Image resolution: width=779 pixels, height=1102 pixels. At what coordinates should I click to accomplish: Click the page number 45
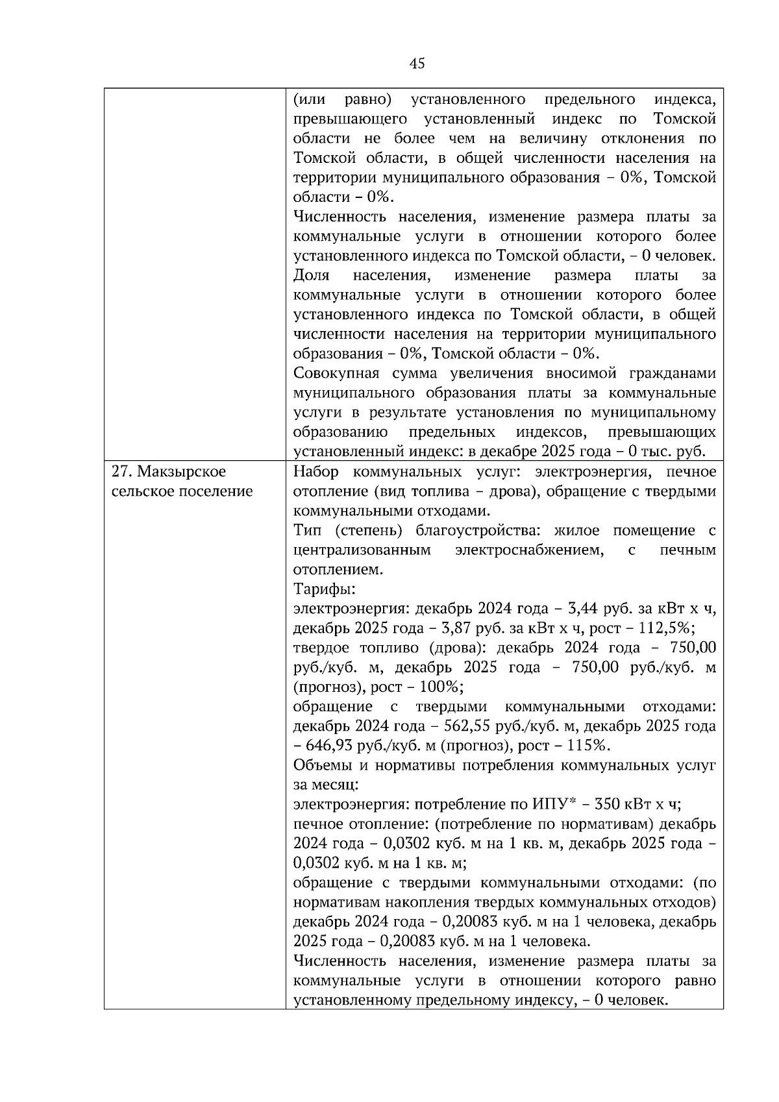tap(417, 63)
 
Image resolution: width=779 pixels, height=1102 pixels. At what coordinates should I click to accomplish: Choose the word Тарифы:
tap(325, 589)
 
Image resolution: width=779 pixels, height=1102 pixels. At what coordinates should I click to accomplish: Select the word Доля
tap(311, 275)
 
